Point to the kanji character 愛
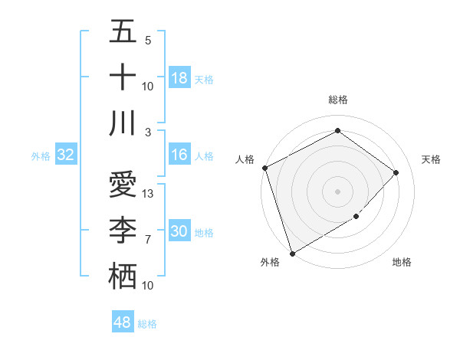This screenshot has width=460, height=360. pos(123,185)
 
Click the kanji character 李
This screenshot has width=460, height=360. pos(123,231)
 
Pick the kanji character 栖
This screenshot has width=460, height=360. pos(123,277)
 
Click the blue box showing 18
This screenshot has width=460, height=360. pos(179,78)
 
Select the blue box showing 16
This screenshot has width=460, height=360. pos(179,155)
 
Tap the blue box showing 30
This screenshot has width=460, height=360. pos(179,231)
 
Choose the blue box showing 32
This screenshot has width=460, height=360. pos(65,155)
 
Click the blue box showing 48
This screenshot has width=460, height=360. pos(123,322)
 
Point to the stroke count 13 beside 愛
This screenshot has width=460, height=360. pos(149,194)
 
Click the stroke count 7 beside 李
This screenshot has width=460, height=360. pos(148,240)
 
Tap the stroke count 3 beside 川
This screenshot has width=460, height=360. pos(148,133)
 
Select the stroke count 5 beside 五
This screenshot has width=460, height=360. pos(148,41)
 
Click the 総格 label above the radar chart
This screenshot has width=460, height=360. pos(338,100)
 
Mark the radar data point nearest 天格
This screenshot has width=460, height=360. pos(396,172)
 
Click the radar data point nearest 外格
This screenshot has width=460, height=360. pos(292,253)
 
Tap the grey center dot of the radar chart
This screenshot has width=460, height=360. pos(337,191)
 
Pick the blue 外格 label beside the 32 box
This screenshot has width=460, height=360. pos(41,155)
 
